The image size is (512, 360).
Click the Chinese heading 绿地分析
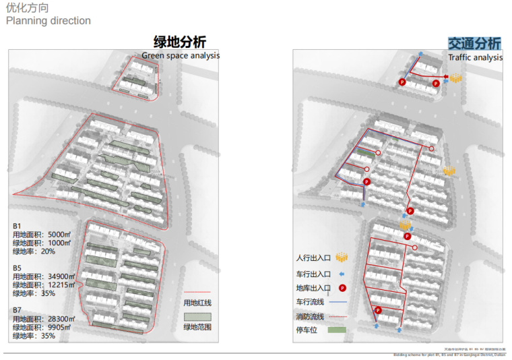click(179, 42)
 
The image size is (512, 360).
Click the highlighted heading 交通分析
click(475, 44)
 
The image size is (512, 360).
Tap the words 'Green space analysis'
click(181, 55)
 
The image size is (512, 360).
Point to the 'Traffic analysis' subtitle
click(476, 58)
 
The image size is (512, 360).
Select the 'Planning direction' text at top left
click(49, 21)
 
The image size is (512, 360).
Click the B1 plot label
click(18, 226)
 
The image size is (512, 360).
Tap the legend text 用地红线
click(198, 303)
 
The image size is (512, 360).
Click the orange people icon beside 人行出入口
click(342, 258)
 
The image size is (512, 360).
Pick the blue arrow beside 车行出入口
click(342, 274)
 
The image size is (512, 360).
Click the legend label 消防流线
click(310, 316)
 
